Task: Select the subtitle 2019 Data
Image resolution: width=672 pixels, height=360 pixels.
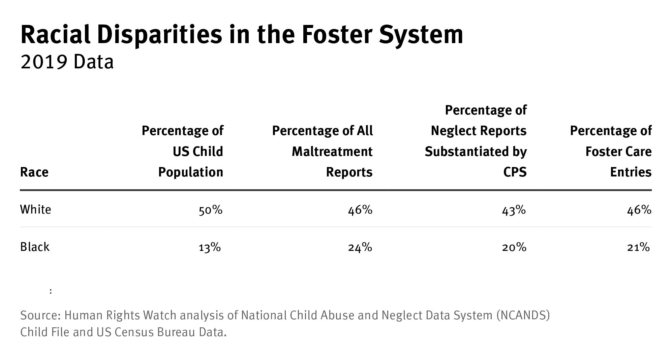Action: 67,63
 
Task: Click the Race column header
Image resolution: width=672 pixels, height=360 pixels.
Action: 34,172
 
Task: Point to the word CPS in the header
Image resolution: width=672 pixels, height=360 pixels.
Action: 515,172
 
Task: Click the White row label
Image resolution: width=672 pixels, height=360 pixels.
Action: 36,210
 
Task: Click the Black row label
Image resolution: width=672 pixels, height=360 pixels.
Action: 35,247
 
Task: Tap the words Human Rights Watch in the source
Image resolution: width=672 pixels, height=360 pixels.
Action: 120,316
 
